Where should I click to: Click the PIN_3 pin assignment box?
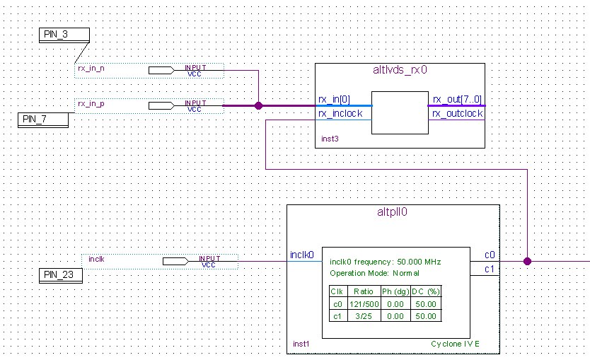64,35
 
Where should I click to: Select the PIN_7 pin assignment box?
43,120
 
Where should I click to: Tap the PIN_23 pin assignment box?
61,275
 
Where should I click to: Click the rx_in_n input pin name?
91,69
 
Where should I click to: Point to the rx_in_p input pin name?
91,104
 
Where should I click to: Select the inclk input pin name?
96,259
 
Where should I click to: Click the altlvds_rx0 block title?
400,70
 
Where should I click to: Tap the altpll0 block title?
392,212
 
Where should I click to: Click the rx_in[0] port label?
334,99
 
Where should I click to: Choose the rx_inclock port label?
340,114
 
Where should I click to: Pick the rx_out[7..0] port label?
457,99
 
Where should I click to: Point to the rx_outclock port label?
457,114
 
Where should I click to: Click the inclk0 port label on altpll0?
302,255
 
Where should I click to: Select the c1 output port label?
489,269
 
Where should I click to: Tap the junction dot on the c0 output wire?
527,262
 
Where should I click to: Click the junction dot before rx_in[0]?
258,105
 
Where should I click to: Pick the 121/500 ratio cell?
364,304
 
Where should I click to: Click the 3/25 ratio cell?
364,316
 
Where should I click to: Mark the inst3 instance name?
330,139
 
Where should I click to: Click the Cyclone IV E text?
456,344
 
